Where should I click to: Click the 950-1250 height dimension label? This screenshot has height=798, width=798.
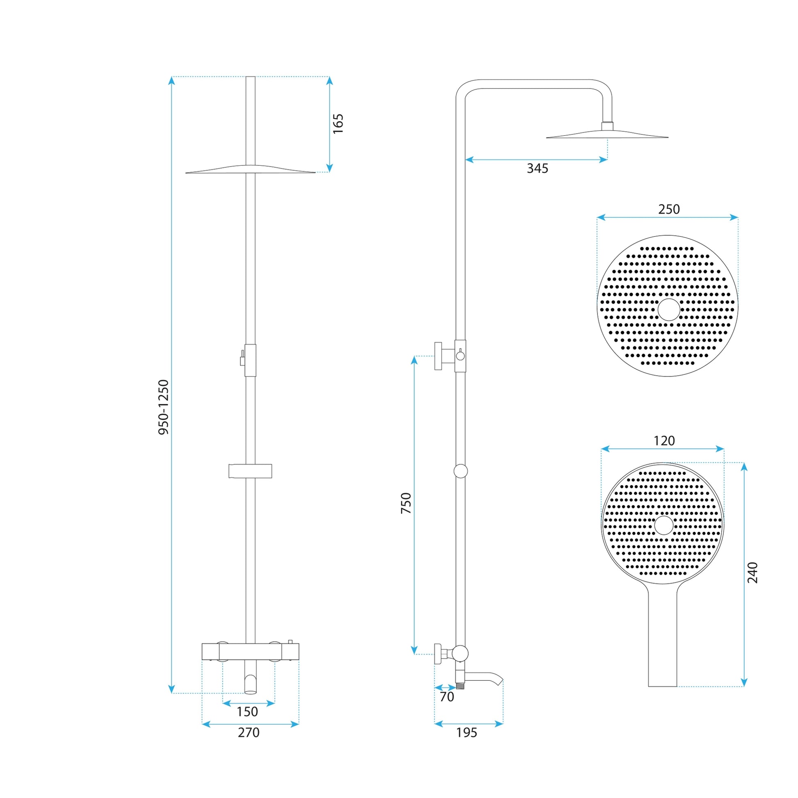(x=164, y=407)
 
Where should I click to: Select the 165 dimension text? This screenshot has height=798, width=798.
(x=338, y=123)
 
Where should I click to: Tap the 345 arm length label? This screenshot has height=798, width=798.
(x=537, y=169)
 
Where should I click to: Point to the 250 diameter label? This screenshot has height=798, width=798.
(x=669, y=210)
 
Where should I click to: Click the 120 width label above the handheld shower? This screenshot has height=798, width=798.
(x=664, y=441)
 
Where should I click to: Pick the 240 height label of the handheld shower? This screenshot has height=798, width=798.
(x=752, y=572)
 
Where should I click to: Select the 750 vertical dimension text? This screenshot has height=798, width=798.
(x=406, y=503)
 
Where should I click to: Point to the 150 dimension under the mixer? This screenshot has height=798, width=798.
(x=247, y=711)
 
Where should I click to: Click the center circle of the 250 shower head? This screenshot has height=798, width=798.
(x=669, y=310)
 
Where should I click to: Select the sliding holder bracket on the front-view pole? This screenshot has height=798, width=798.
(x=250, y=471)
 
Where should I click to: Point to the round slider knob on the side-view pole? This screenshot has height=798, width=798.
(x=461, y=471)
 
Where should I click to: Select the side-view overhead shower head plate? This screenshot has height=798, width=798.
(x=607, y=135)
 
